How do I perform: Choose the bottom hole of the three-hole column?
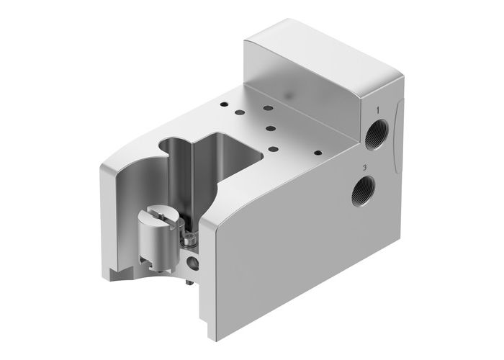(x=274, y=149)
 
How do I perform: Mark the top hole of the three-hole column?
(x=269, y=108)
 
